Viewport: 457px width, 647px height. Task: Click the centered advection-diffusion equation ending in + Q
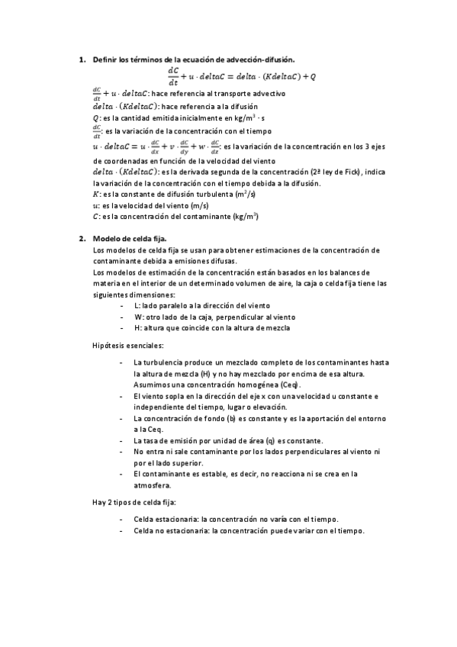click(241, 76)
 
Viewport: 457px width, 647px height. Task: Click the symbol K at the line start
click(95, 195)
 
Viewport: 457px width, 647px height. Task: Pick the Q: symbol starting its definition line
click(96, 118)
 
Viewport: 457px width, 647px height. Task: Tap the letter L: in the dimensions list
click(137, 305)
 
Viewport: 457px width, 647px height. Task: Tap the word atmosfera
click(152, 485)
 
